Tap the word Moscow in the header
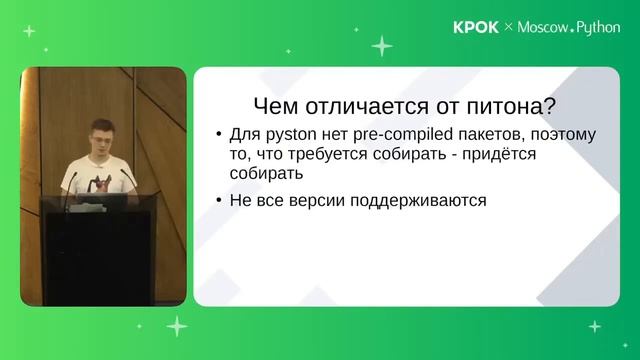pos(542,28)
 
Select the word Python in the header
pos(599,28)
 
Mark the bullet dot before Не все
pos(219,200)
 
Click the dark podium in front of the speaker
pos(100,250)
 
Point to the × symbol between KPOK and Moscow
pos(508,28)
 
